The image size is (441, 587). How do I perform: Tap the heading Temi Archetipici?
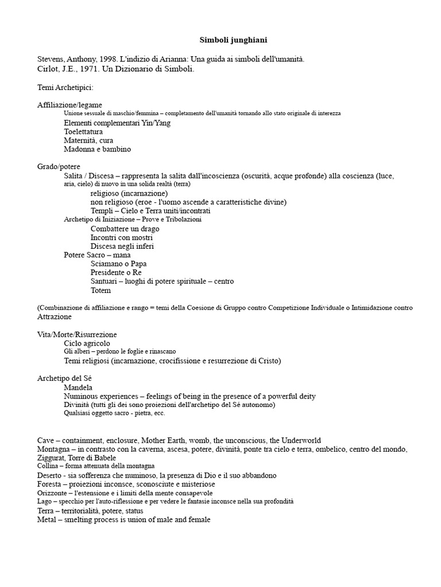[65, 87]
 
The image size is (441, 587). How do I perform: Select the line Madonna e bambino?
[98, 149]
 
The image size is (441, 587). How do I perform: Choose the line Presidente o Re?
[116, 272]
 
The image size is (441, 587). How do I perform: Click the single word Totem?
[100, 290]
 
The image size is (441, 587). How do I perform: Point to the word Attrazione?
[55, 316]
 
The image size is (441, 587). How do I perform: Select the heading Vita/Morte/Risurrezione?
[77, 334]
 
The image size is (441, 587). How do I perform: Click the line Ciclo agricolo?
[87, 343]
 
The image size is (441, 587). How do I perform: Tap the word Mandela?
[79, 388]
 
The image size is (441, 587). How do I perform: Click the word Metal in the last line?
[47, 519]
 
